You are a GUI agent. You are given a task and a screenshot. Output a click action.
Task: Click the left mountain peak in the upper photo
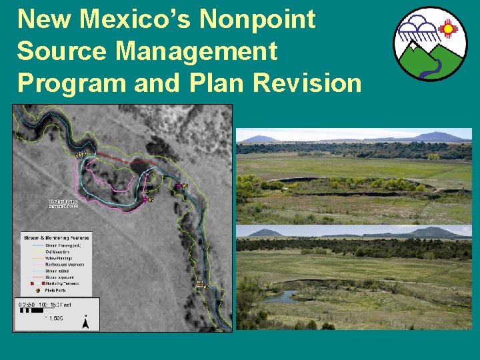tap(260, 138)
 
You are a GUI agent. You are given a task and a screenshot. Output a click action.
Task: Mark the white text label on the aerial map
tap(63, 203)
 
